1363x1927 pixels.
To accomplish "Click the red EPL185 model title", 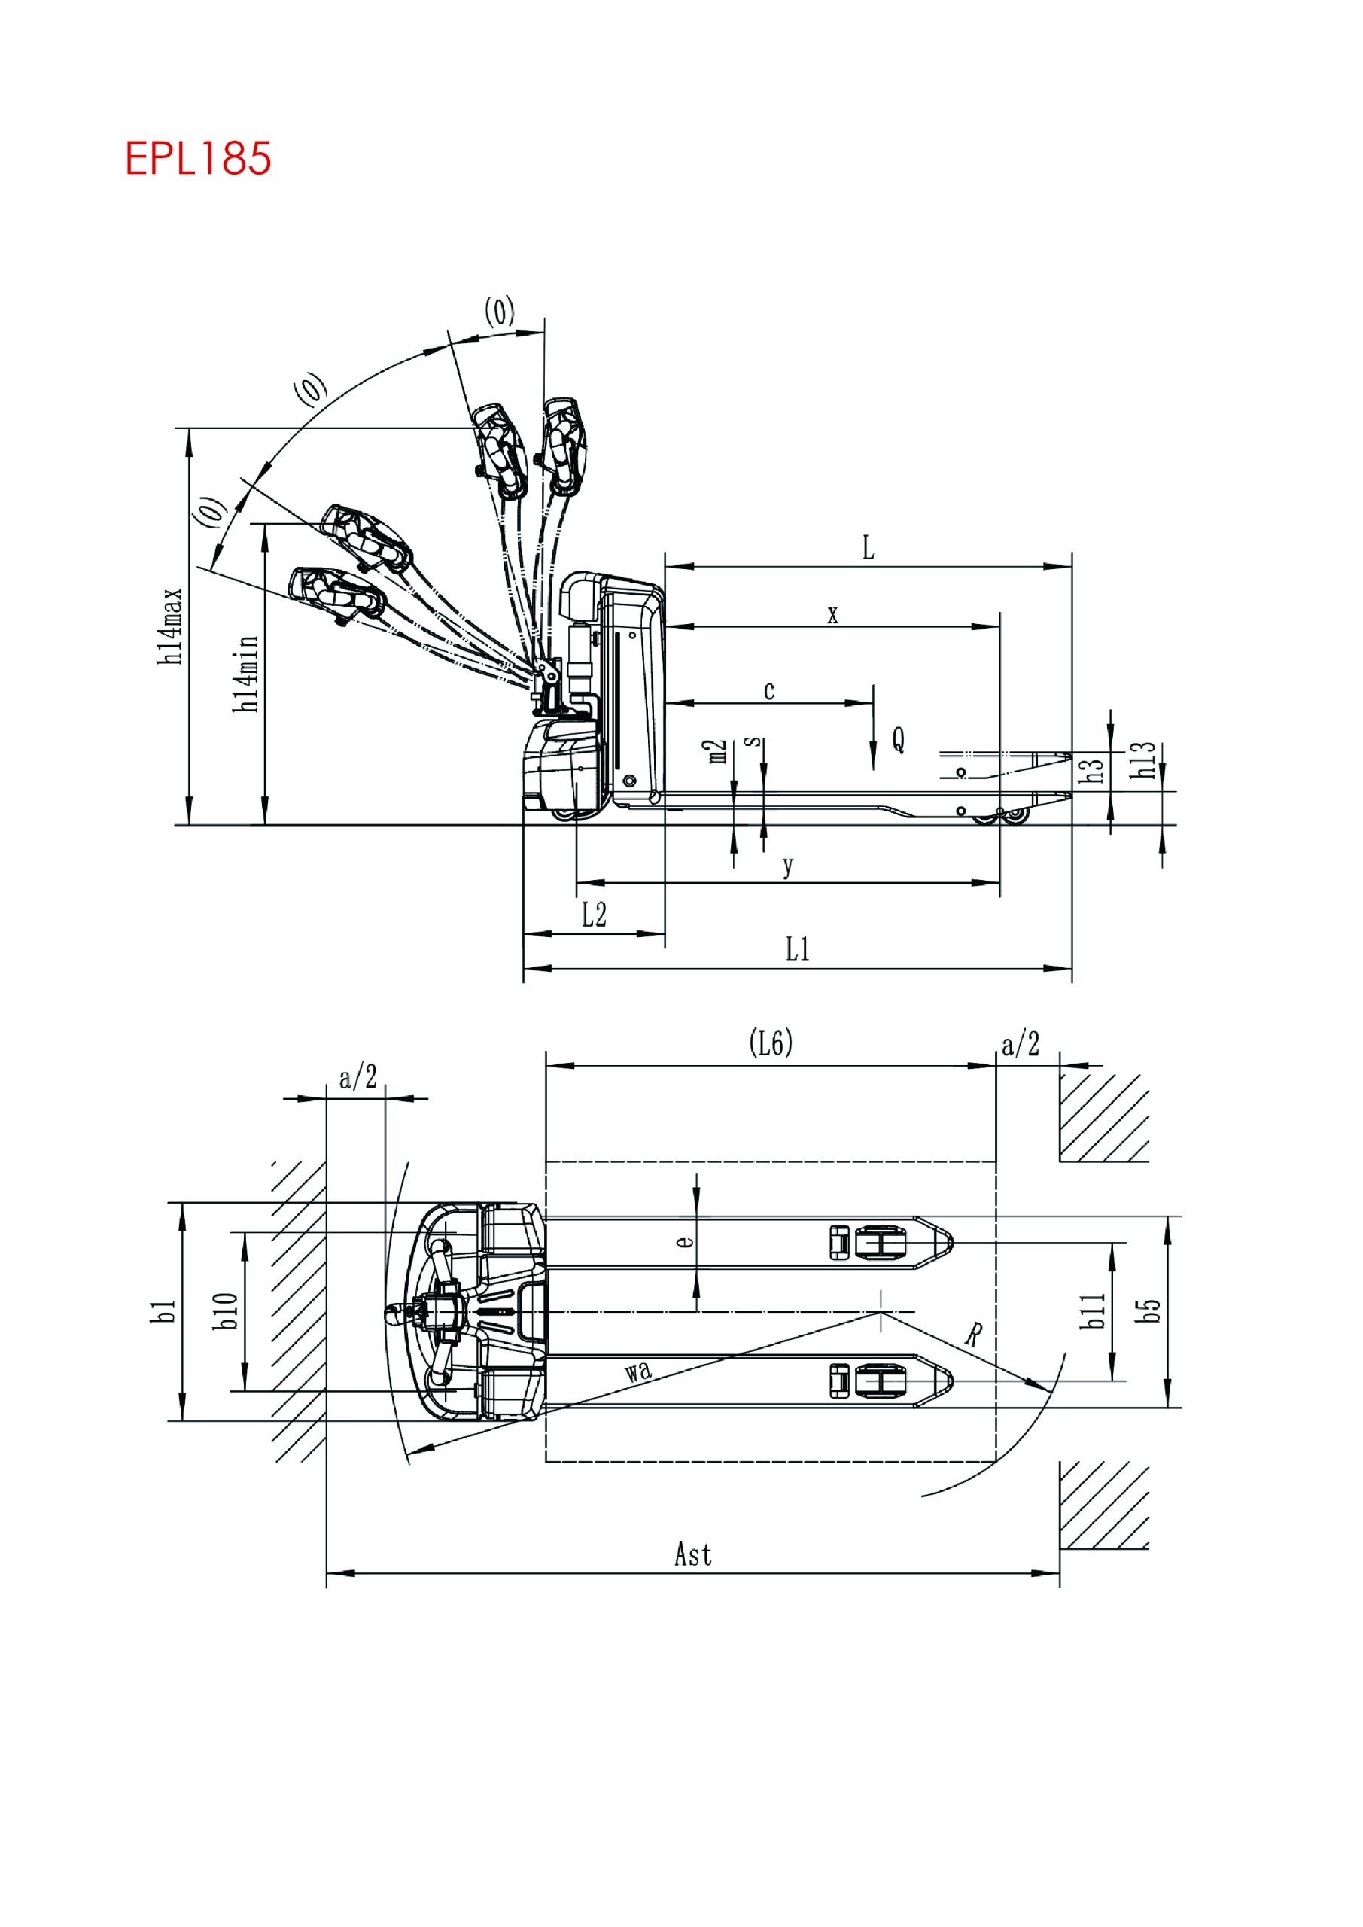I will [x=198, y=158].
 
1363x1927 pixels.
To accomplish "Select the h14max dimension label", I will [x=171, y=626].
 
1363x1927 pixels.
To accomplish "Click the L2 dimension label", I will [x=595, y=915].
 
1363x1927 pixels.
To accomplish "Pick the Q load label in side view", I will [x=898, y=739].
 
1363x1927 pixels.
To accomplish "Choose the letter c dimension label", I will [x=768, y=691].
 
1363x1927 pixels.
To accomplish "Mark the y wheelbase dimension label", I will [x=787, y=866].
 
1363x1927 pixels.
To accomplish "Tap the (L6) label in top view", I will [x=771, y=1043].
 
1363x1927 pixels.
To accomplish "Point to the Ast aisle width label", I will [x=693, y=1554].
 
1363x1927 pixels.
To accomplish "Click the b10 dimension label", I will [x=226, y=1311].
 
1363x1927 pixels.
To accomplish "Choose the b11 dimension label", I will [x=1092, y=1311].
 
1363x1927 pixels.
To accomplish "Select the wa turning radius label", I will [x=638, y=1371].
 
